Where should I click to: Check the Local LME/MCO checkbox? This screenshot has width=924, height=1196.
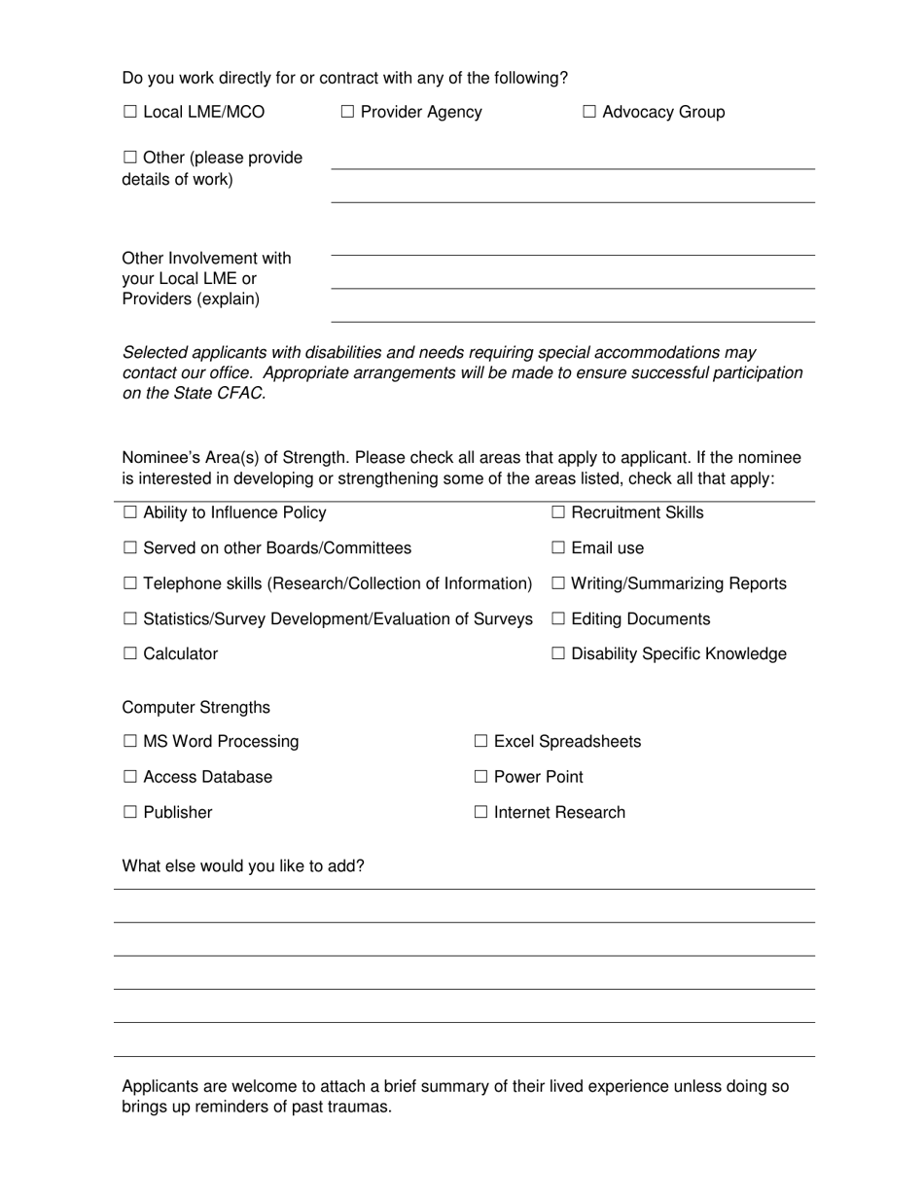click(130, 113)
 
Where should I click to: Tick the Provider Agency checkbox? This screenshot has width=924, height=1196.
click(348, 113)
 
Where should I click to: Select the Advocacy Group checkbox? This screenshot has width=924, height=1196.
click(589, 113)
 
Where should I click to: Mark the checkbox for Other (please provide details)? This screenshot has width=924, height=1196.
click(130, 158)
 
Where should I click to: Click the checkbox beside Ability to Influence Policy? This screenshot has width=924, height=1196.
click(130, 513)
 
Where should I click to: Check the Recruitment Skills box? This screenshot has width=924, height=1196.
click(558, 513)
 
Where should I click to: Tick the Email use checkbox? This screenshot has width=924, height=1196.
click(558, 548)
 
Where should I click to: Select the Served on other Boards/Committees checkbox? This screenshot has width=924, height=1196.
click(130, 548)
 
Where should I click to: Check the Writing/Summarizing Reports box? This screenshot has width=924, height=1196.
click(558, 584)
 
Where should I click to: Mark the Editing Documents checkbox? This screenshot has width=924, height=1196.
click(558, 619)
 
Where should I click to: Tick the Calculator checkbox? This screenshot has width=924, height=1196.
click(130, 654)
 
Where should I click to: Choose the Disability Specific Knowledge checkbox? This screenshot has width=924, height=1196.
click(558, 654)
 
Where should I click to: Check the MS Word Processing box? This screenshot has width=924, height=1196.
click(130, 742)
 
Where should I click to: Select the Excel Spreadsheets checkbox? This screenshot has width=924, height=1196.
click(481, 742)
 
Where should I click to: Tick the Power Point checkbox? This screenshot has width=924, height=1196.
click(481, 777)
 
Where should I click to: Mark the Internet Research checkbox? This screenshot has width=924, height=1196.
click(481, 813)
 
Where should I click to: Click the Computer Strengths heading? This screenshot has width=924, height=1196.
click(195, 707)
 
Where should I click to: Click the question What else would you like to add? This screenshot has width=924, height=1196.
click(242, 865)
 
